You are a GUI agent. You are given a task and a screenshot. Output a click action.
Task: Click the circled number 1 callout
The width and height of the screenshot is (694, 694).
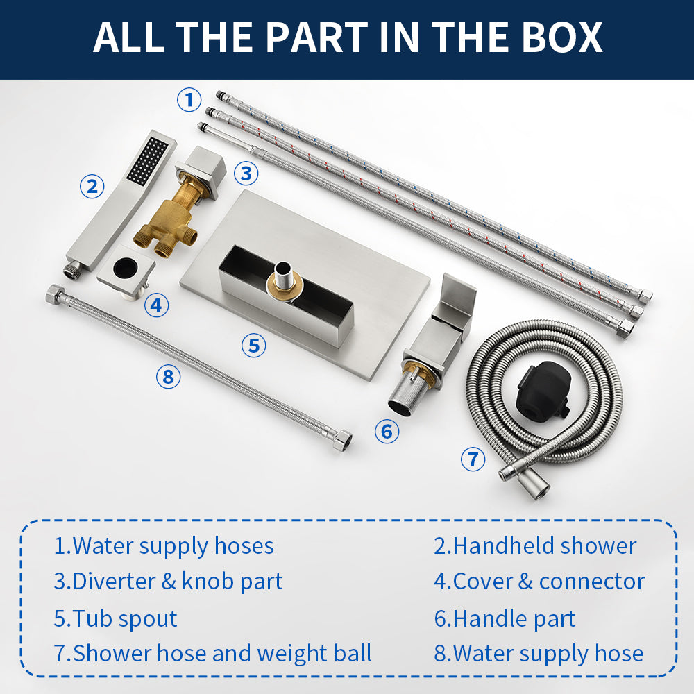pos(189,99)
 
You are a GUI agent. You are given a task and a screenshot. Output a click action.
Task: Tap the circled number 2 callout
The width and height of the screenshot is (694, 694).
pos(92,186)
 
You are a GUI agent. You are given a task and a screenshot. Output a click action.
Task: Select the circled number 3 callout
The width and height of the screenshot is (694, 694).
pos(246,173)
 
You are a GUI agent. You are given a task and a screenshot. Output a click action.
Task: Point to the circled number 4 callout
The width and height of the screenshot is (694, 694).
pos(156,305)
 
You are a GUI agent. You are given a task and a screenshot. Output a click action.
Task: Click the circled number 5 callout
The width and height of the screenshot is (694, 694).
pos(253,345)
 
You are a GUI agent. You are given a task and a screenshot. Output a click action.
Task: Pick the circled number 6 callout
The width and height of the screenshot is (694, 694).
pos(387,431)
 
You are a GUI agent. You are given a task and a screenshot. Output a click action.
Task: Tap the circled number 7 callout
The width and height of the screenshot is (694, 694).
pos(473,459)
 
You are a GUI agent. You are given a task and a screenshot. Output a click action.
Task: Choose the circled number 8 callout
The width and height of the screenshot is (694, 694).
pos(168,377)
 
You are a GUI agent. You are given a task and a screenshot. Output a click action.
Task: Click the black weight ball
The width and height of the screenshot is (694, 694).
pos(543,390)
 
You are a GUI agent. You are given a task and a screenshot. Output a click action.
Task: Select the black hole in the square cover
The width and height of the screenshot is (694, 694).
pos(126,267)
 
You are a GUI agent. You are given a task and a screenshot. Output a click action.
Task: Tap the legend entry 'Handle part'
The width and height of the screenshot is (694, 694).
pos(505,618)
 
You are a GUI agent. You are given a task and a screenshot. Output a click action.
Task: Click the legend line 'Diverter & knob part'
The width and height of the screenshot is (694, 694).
pos(168,582)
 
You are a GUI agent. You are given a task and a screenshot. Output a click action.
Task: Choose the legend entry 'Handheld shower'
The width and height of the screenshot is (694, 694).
pos(535,545)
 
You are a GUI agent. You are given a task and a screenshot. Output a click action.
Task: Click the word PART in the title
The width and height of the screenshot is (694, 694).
pos(316,37)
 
